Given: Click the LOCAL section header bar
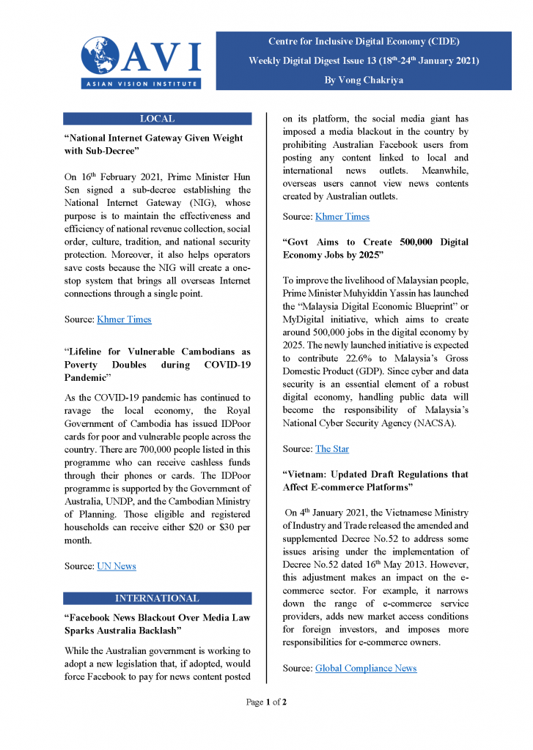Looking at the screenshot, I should tap(157, 119).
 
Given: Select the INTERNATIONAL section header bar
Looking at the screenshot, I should tap(157, 598).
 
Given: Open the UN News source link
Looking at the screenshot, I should tap(117, 566).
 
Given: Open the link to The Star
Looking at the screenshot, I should tap(332, 449).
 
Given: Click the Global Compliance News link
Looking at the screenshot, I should tap(366, 668).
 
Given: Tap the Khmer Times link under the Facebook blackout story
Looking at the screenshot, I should tap(342, 216).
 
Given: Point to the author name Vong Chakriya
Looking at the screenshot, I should tap(364, 79).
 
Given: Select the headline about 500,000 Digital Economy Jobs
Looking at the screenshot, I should tap(375, 248).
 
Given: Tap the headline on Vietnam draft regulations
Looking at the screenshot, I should tap(375, 480).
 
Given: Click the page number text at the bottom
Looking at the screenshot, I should tap(266, 702).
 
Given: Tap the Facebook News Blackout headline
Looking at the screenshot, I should tap(157, 624).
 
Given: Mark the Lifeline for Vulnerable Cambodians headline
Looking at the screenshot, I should tap(157, 365).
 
